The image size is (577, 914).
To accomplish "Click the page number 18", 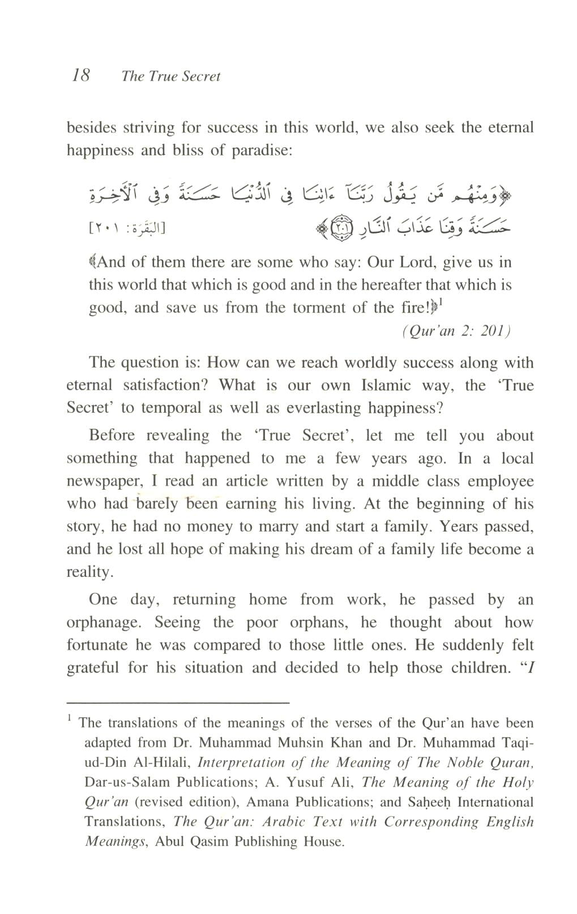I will click(x=80, y=75).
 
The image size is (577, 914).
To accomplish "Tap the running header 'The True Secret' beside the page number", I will click(x=170, y=76).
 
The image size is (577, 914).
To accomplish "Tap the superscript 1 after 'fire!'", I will click(x=440, y=303).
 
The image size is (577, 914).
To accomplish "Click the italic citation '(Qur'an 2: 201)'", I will click(x=456, y=331).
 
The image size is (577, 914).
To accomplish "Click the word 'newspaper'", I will click(x=103, y=482).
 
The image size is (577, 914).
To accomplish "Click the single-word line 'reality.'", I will click(x=90, y=572).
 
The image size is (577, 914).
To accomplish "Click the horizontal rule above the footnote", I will click(x=178, y=702).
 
